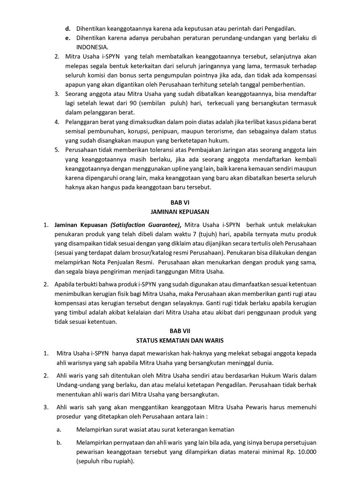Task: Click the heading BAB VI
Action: click(180, 203)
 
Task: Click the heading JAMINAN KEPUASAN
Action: click(180, 212)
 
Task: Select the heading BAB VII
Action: click(180, 331)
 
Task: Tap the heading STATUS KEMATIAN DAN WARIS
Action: click(180, 341)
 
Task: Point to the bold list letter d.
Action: click(68, 28)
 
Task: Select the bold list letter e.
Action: click(68, 38)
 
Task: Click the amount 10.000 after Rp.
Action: click(307, 452)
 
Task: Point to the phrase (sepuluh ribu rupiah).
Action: click(105, 461)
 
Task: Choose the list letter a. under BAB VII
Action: click(59, 430)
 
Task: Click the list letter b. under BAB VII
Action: click(59, 443)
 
